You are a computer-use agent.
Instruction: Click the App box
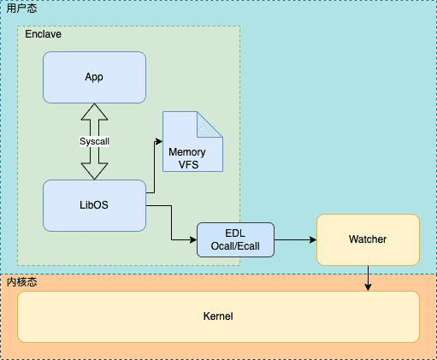tap(94, 77)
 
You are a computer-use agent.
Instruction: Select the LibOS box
tap(94, 205)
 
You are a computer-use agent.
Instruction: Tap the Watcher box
tap(368, 239)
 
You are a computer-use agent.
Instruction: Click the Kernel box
tap(218, 316)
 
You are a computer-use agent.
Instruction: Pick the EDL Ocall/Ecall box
tap(235, 239)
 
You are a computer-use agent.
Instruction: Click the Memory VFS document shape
tap(192, 142)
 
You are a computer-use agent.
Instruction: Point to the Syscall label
tap(94, 141)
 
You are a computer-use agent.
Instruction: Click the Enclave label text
tap(43, 34)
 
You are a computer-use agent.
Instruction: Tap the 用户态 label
tap(21, 9)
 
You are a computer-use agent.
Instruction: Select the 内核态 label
tap(21, 282)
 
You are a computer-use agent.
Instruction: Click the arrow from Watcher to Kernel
tap(368, 278)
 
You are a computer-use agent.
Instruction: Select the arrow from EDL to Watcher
tap(295, 239)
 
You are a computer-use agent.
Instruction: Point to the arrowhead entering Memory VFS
tap(159, 141)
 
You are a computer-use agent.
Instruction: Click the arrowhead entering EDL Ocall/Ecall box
tap(193, 239)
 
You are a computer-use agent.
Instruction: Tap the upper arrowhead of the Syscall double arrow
tap(94, 112)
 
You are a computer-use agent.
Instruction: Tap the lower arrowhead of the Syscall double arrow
tap(94, 171)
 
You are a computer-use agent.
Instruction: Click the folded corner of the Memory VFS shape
tap(210, 124)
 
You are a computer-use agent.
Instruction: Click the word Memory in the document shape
tap(187, 152)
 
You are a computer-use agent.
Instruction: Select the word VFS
tap(188, 165)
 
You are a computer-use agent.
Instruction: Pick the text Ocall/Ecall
tap(235, 246)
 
